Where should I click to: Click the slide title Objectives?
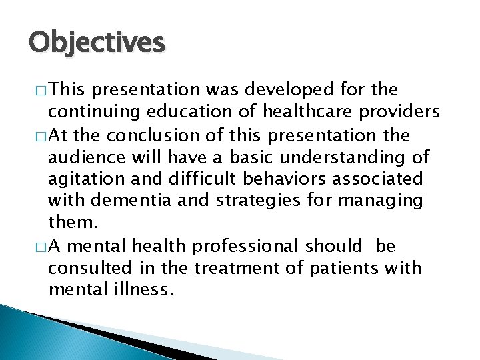[x=96, y=43]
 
